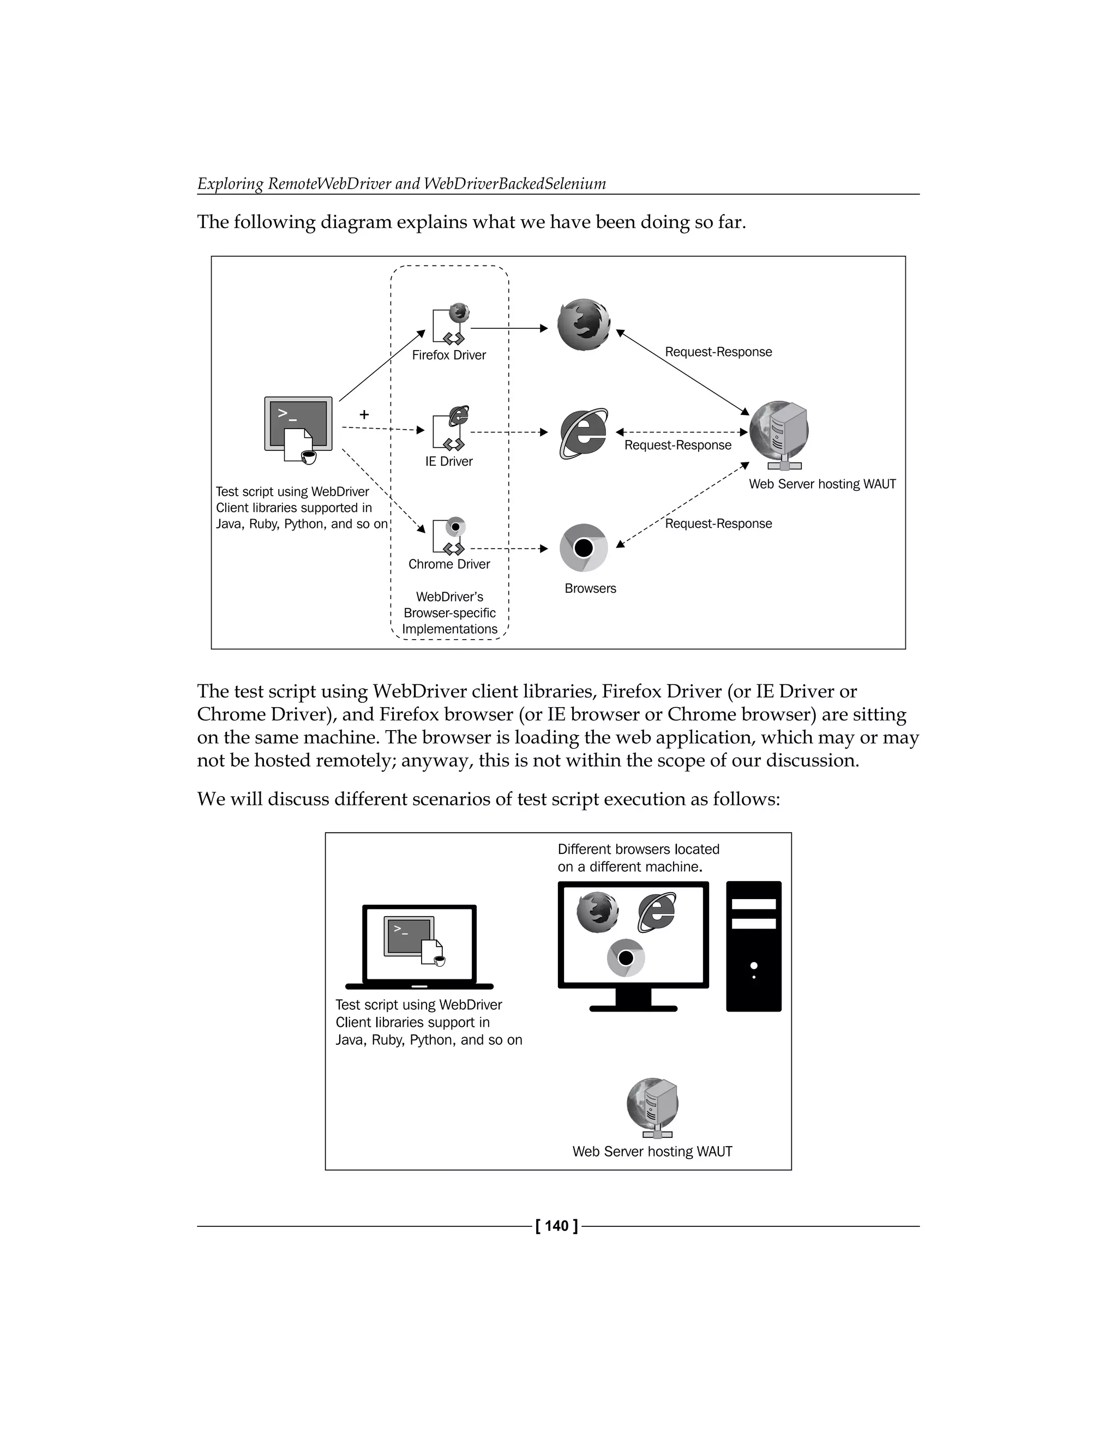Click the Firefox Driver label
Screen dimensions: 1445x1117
pyautogui.click(x=449, y=356)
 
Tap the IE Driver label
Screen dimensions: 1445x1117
pyautogui.click(x=449, y=461)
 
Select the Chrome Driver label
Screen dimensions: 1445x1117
pyautogui.click(x=449, y=564)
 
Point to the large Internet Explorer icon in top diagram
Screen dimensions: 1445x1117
pyautogui.click(x=583, y=433)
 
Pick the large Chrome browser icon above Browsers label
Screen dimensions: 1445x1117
pyautogui.click(x=583, y=548)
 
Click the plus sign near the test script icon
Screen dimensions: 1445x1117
pyautogui.click(x=364, y=415)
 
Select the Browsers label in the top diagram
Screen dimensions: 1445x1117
pyautogui.click(x=590, y=588)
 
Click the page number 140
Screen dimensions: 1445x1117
pyautogui.click(x=557, y=1226)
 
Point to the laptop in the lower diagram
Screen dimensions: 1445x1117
pyautogui.click(x=419, y=947)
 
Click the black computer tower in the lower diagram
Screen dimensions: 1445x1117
pyautogui.click(x=753, y=946)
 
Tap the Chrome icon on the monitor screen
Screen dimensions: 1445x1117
pyautogui.click(x=626, y=958)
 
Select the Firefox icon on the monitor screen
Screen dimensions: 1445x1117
pyautogui.click(x=597, y=912)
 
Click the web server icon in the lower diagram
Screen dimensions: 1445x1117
pyautogui.click(x=652, y=1106)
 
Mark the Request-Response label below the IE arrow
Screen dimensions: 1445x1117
pyautogui.click(x=677, y=445)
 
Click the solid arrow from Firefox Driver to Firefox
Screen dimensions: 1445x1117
pyautogui.click(x=508, y=328)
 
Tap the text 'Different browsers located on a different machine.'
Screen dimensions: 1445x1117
pyautogui.click(x=638, y=858)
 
